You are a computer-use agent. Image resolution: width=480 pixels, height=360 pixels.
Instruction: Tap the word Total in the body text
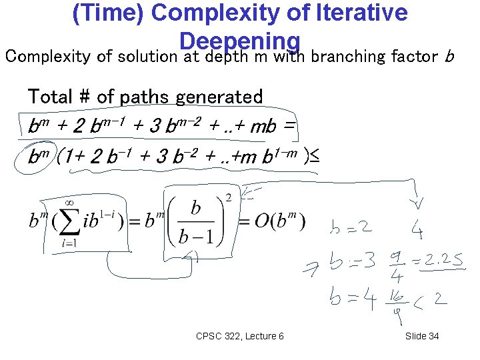(x=51, y=97)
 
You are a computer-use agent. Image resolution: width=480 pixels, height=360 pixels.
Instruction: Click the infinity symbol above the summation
(x=68, y=199)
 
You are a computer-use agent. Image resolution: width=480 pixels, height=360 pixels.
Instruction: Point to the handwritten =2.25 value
(x=437, y=259)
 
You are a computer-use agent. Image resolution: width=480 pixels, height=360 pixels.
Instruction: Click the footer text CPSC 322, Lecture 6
(x=240, y=336)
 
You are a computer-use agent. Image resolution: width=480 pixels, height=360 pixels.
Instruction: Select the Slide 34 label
(x=422, y=336)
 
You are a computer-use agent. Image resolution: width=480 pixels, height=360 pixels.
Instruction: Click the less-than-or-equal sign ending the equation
(x=315, y=157)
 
